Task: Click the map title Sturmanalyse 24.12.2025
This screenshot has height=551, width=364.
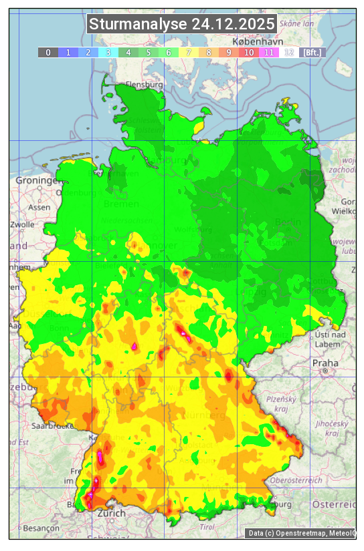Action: tap(182, 24)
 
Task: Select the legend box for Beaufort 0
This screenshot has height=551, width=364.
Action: tap(48, 52)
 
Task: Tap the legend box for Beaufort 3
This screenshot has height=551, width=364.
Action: tap(108, 52)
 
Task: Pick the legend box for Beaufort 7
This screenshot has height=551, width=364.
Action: tap(189, 52)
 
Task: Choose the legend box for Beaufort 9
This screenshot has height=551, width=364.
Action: tap(229, 52)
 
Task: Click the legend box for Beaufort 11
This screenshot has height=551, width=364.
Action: tap(269, 52)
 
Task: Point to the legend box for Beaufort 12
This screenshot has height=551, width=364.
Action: tap(289, 52)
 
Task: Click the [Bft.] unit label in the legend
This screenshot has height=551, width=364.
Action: tap(312, 52)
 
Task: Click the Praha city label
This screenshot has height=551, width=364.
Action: tap(325, 363)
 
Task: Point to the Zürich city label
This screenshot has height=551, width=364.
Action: tap(111, 513)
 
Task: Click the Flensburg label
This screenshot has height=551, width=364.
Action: tap(144, 85)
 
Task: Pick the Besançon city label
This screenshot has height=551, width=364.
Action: tap(40, 527)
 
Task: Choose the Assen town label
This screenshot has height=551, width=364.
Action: tap(39, 207)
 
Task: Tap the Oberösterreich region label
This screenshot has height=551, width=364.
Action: tap(296, 480)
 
